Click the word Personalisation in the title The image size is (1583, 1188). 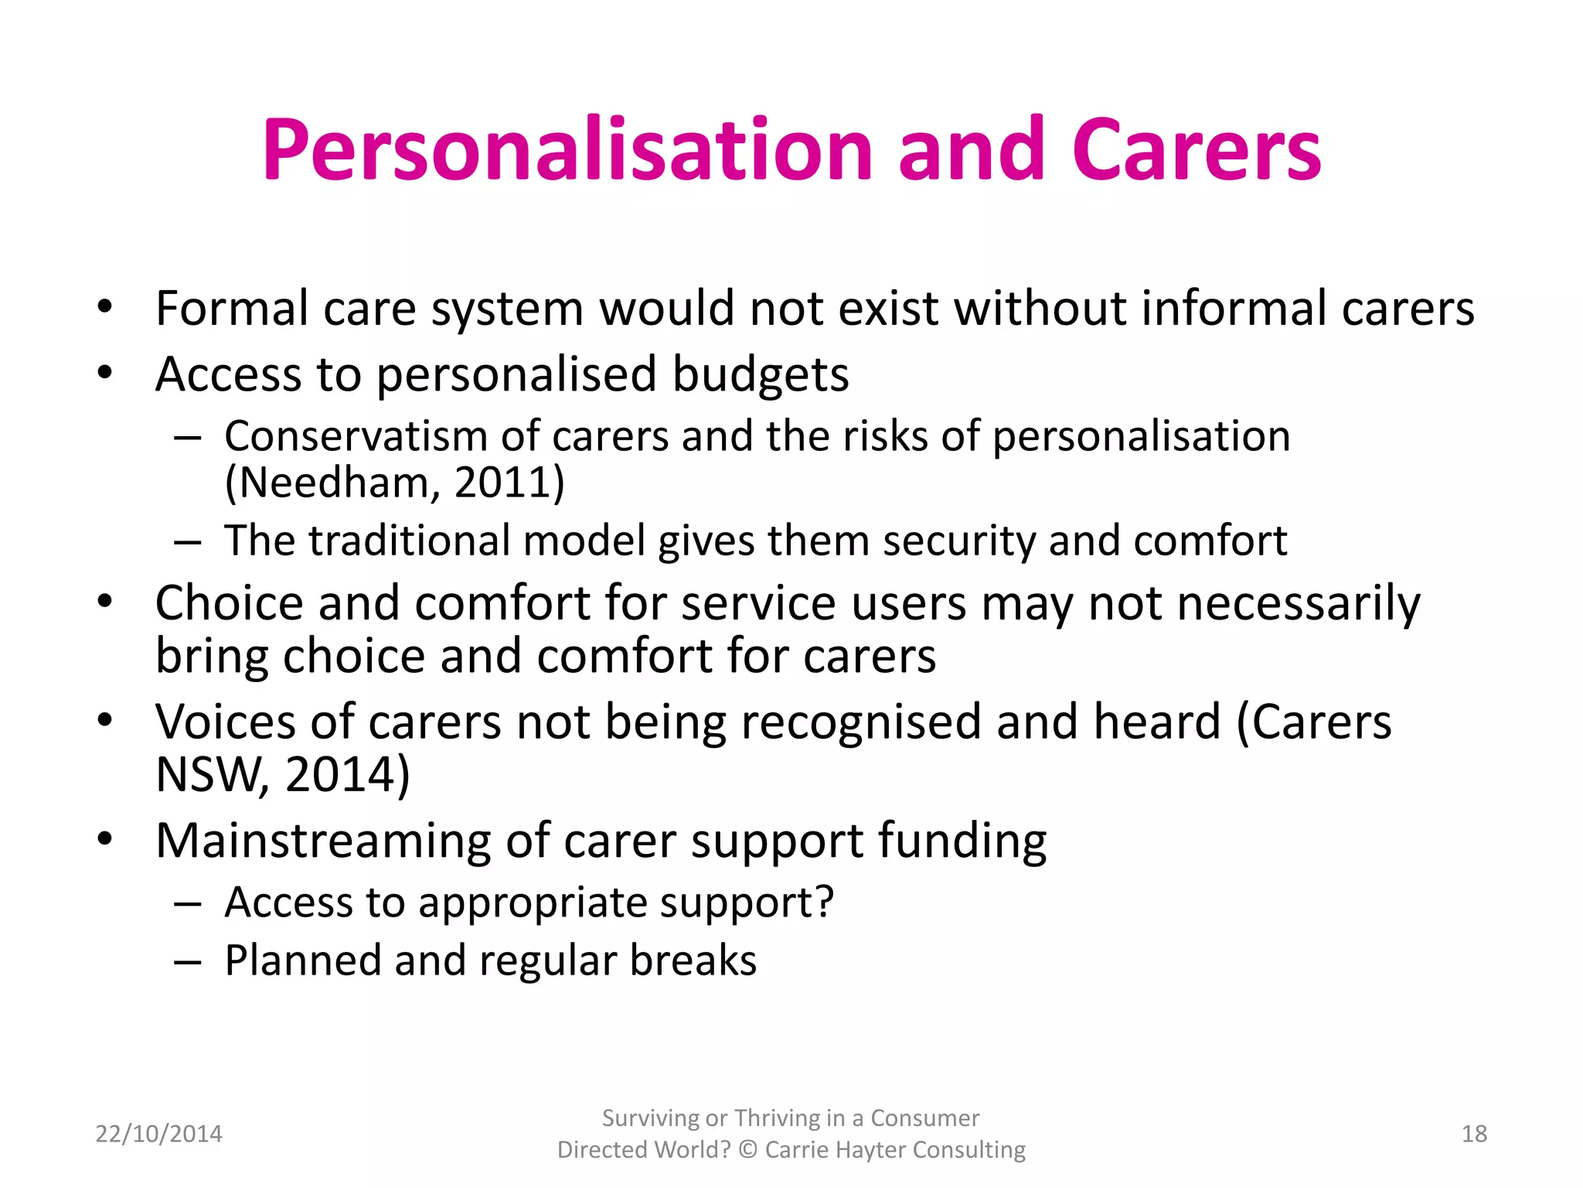point(567,151)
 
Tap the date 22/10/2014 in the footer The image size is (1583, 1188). point(158,1134)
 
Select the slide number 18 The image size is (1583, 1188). point(1474,1134)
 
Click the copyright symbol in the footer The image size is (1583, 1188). point(747,1150)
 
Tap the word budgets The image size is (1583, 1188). point(761,374)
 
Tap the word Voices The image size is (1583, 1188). point(225,722)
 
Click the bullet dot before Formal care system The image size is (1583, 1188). point(105,308)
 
